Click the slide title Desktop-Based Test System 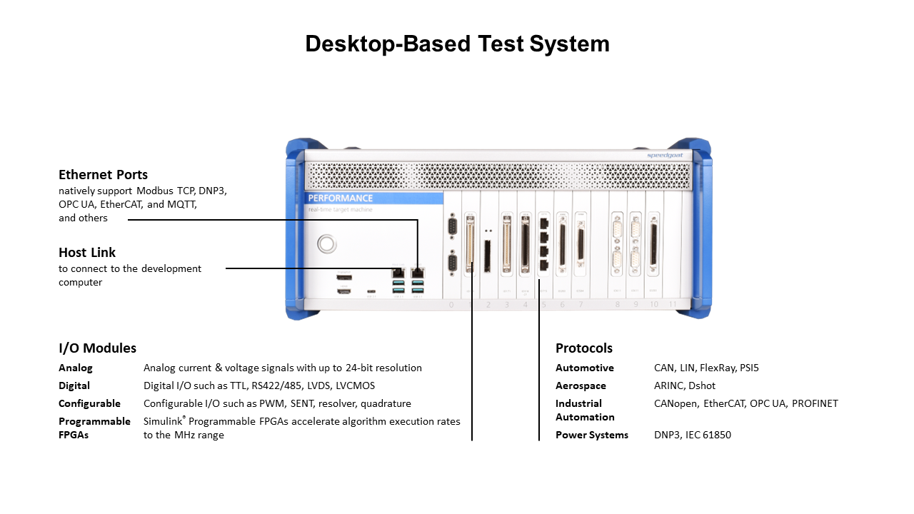[457, 44]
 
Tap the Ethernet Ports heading [104, 174]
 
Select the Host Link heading [87, 252]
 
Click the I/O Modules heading [97, 348]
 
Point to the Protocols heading [584, 348]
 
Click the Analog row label [76, 368]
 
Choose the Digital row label [74, 385]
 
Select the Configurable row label [89, 403]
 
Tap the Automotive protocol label [584, 368]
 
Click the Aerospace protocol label [581, 385]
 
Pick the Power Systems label [592, 435]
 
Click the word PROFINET [815, 403]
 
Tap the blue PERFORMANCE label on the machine [341, 198]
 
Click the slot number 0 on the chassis [451, 305]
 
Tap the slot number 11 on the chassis [672, 305]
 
